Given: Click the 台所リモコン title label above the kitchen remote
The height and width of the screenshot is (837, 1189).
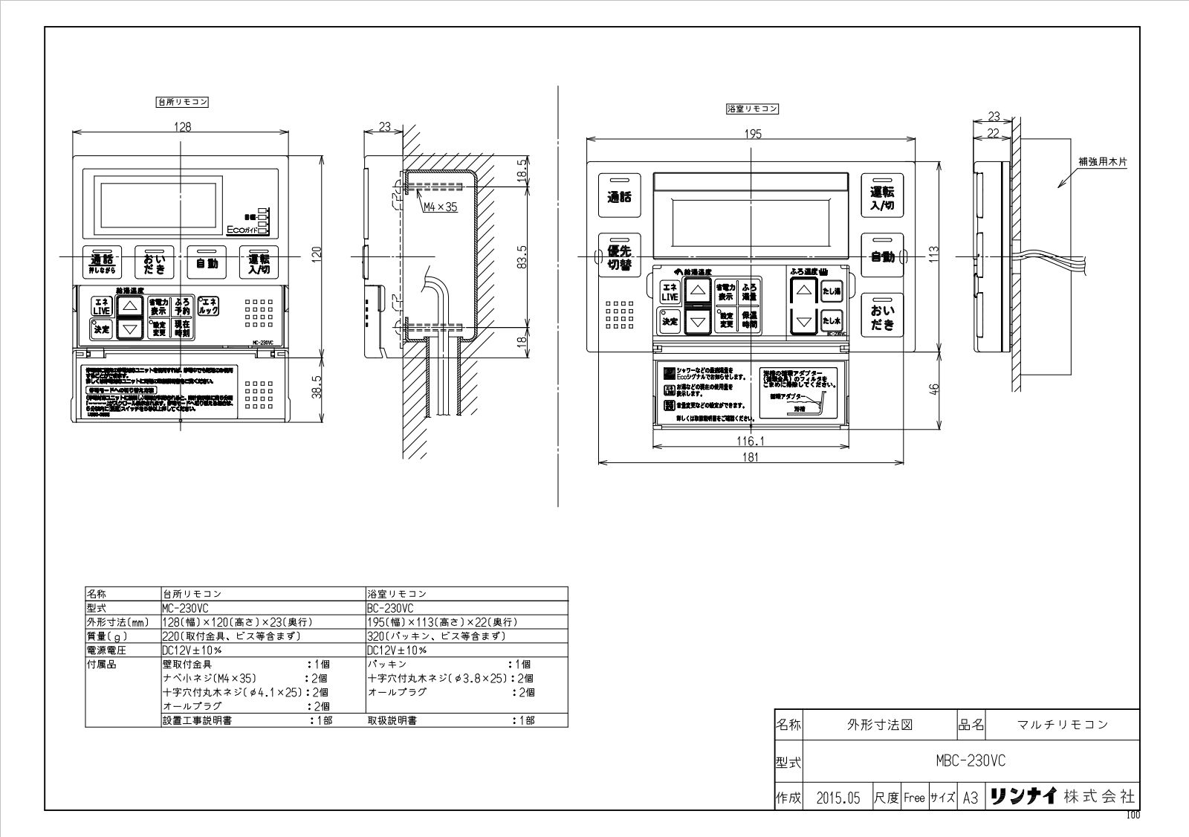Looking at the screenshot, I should point(182,103).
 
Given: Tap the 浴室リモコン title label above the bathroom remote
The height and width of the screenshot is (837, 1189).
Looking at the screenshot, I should point(752,109).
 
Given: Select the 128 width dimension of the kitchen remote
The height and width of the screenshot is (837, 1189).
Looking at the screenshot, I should point(182,127).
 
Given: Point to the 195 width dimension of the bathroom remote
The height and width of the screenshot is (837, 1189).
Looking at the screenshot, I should point(752,134).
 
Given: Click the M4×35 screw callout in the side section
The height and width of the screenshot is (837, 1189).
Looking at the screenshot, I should point(441,207).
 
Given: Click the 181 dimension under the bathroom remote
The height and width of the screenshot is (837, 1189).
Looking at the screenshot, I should point(751,458).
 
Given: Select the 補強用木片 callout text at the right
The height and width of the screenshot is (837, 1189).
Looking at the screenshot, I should point(1103,161).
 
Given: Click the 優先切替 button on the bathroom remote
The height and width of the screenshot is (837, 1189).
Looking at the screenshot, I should point(619,257).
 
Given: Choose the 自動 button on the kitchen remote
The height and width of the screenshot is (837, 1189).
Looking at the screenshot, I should point(207,262).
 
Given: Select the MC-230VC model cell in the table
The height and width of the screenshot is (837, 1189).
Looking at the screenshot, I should point(184,607).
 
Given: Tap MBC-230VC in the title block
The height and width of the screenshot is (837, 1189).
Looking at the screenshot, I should point(971,760).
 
